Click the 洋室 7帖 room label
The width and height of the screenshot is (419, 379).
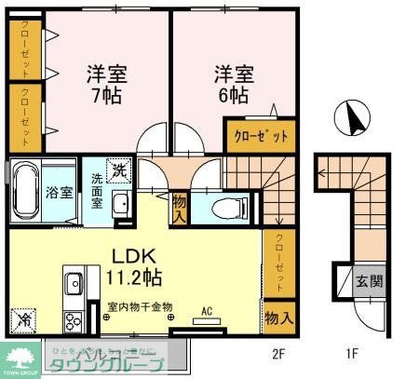[x=107, y=84]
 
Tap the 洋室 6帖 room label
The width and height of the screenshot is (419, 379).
[x=233, y=84]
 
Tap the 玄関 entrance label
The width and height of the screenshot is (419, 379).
[x=368, y=279]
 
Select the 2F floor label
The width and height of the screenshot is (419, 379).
[x=277, y=353]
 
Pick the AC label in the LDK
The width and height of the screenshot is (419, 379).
[x=208, y=314]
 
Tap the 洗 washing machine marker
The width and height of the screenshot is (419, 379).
[x=121, y=170]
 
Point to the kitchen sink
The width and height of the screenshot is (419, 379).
[x=74, y=283]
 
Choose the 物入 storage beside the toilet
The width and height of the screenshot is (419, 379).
[x=181, y=206]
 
